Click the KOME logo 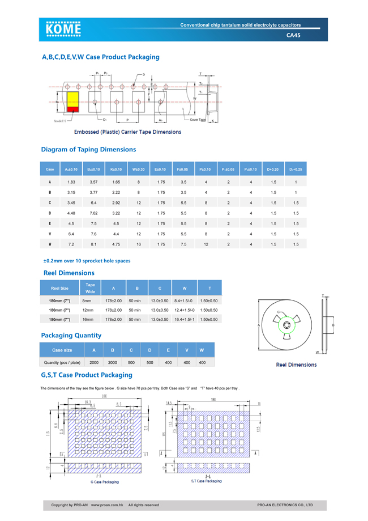click(x=64, y=29)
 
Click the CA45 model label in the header click(x=294, y=35)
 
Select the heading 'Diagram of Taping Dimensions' click(x=88, y=150)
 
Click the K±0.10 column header click(x=116, y=170)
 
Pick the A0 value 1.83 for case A click(x=71, y=182)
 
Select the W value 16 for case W click(x=139, y=244)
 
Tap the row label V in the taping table click(x=50, y=234)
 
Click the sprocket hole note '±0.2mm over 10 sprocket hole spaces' click(x=87, y=261)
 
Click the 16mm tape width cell click(x=87, y=320)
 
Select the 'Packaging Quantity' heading click(x=71, y=336)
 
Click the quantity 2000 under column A click(x=94, y=362)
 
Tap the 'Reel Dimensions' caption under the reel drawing click(x=296, y=365)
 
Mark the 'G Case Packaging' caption click(x=105, y=482)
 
